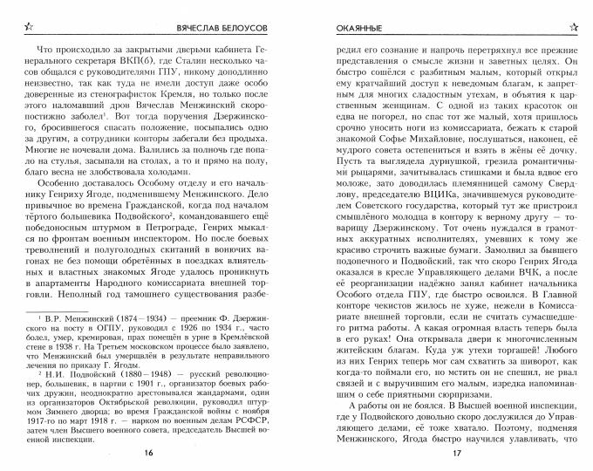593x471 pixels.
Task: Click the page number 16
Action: (148, 454)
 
